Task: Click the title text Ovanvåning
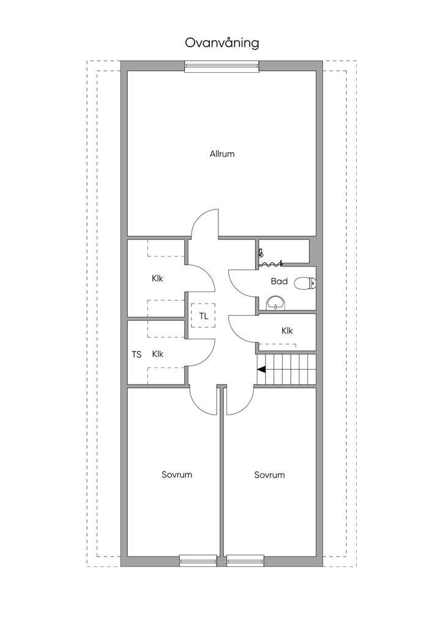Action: (221, 43)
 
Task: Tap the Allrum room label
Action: (222, 154)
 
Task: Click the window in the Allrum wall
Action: (221, 66)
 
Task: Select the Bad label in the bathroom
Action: (279, 281)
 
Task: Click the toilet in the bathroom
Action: (305, 283)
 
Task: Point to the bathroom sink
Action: (275, 302)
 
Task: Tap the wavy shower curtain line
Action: (271, 263)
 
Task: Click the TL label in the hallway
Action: (204, 317)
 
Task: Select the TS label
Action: (136, 355)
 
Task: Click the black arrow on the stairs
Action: (262, 369)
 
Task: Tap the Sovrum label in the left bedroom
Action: (177, 475)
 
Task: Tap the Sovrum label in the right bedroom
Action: (270, 475)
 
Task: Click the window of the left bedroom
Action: (198, 561)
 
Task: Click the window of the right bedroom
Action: (245, 561)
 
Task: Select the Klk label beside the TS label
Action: (158, 355)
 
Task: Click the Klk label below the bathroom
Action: (287, 331)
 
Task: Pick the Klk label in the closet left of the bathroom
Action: (157, 279)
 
